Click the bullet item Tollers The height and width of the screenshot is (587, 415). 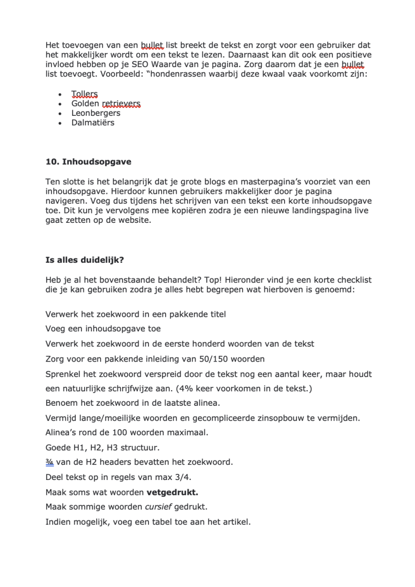[x=84, y=94]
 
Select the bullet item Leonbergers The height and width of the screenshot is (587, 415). [x=96, y=113]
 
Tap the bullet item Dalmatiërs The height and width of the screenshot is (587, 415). [x=93, y=123]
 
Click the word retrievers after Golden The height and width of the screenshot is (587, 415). [x=121, y=104]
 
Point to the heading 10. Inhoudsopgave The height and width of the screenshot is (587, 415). [x=88, y=162]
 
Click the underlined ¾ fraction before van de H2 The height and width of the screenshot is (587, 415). [x=49, y=462]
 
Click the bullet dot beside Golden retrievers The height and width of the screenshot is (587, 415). [x=60, y=104]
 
